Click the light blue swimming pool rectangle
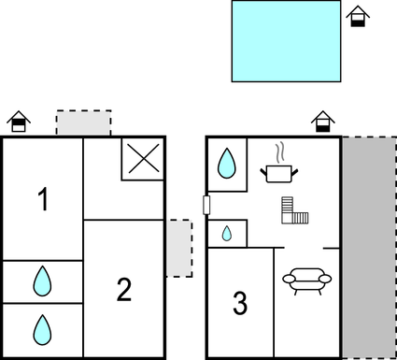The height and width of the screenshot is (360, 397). point(286,40)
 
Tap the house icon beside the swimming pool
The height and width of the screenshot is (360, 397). point(356,17)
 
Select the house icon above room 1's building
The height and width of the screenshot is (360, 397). point(18,122)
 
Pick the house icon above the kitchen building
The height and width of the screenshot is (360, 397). point(322,122)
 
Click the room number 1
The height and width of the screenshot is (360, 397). point(42,199)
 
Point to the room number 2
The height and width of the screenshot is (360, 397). point(124,291)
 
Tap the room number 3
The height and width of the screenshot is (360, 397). point(240,304)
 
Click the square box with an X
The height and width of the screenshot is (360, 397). point(143,160)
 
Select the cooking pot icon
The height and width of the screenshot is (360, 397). point(277,172)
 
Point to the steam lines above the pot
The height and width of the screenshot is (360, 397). point(277,151)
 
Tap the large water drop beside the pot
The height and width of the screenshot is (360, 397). point(227,164)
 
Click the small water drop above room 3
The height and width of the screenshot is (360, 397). point(227,233)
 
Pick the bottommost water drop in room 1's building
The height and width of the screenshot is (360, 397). point(42,328)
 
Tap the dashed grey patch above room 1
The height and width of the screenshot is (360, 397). point(83,123)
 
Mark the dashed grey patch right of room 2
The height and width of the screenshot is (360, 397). point(178,248)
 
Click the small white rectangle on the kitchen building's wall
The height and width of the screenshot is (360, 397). point(207,205)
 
